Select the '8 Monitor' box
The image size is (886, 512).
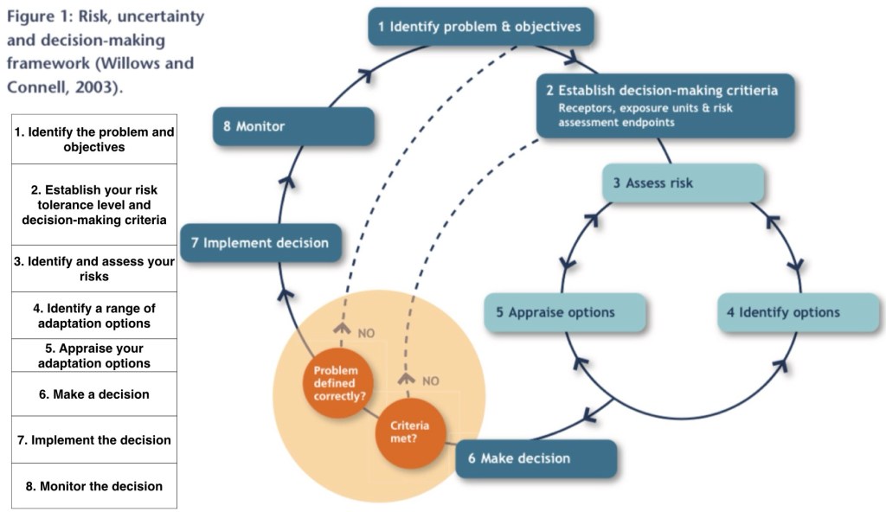294,126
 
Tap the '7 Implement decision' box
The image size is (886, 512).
260,243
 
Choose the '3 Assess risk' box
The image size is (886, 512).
683,183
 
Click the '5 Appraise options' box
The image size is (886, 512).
565,312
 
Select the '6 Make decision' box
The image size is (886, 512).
536,458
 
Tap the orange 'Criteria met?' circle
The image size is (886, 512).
404,430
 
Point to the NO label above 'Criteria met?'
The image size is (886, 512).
430,380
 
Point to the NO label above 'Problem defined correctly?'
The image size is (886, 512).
366,332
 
